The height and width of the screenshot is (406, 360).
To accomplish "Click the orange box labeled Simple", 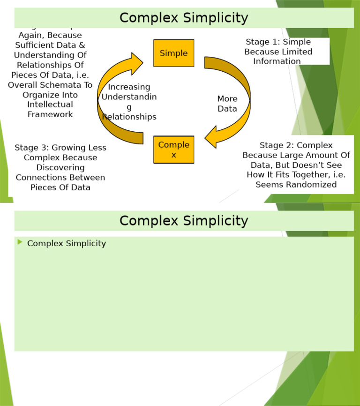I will point(173,53).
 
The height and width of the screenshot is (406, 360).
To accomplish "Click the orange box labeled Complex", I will point(173,149).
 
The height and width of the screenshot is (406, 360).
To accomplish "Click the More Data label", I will point(227,104).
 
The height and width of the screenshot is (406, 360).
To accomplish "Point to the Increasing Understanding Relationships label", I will point(129,102).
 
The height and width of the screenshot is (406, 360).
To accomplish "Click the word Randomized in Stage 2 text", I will point(309,185).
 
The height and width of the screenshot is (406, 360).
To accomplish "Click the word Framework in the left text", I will point(50,114).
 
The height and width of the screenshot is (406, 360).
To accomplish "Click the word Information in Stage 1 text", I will point(277,61).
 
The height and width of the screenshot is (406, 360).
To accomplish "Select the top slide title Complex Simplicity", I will point(183,18).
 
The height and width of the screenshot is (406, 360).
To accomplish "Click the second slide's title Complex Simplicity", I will point(183,221).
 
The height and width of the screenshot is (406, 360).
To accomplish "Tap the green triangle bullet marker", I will point(20,242).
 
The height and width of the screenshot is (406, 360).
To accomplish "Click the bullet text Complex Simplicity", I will point(67,243).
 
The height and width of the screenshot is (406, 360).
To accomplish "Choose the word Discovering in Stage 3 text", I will point(60,168).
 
